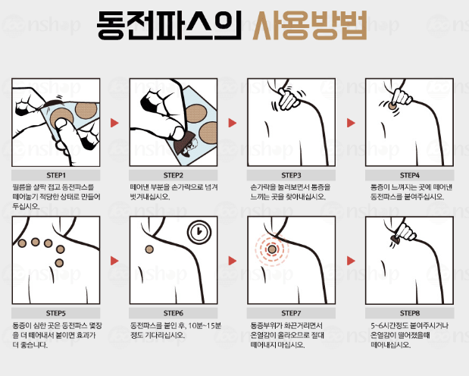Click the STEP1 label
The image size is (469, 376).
point(56,175)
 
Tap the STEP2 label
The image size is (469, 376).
point(174,175)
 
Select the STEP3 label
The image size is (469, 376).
point(291,175)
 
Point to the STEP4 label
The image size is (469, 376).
point(409,175)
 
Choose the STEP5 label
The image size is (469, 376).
point(56,313)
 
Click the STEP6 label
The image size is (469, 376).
point(174,313)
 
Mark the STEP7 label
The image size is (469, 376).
point(291,313)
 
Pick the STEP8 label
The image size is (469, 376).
point(409,313)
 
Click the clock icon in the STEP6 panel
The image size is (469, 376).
point(199,232)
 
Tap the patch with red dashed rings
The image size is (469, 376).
point(272,249)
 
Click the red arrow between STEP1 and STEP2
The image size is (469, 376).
point(114,123)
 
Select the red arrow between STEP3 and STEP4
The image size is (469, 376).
point(351,123)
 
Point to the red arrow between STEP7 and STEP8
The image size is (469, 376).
point(351,261)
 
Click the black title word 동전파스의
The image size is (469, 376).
point(169,26)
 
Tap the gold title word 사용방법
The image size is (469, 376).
point(310,26)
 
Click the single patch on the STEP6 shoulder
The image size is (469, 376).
point(149,249)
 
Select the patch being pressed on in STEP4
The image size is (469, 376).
point(392,106)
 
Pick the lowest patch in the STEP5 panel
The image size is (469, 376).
point(59,263)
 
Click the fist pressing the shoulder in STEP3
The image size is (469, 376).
point(288,99)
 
